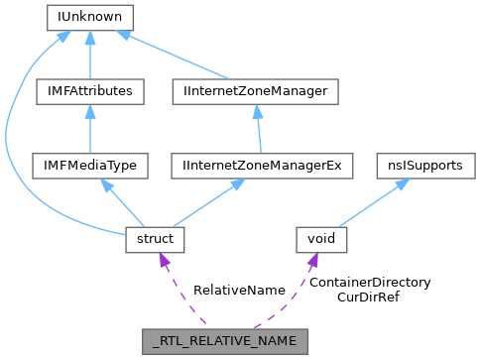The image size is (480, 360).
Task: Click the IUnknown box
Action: (x=90, y=17)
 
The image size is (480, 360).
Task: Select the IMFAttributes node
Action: (x=90, y=91)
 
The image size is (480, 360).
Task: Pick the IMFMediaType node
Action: (x=90, y=166)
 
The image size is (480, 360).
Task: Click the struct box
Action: (x=151, y=239)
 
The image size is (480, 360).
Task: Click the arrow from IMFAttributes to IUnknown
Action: (x=90, y=55)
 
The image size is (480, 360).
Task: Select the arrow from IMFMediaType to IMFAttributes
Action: (x=90, y=129)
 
